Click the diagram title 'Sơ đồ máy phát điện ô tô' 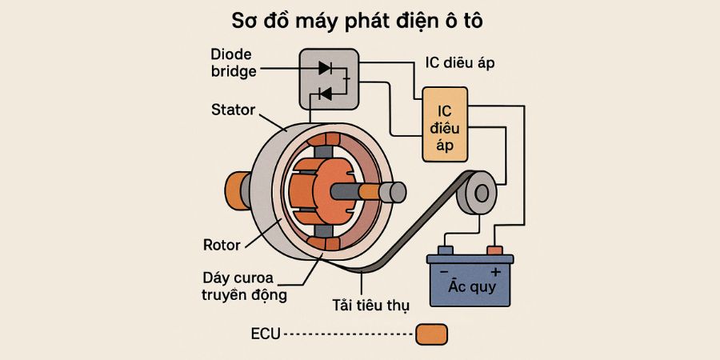tap(359, 20)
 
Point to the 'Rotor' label tap(221, 244)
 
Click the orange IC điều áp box tap(445, 124)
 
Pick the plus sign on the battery tap(494, 272)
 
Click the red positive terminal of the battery tap(494, 250)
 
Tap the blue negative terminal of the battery tap(445, 250)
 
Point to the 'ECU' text tap(266, 334)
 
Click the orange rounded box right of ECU tap(432, 334)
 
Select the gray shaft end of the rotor tap(393, 193)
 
